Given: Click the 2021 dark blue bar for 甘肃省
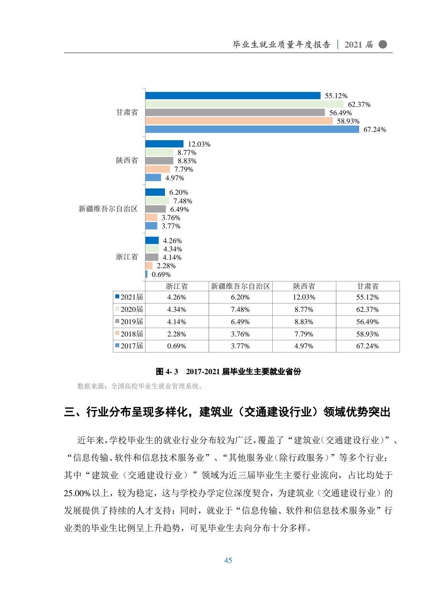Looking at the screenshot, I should click(233, 96).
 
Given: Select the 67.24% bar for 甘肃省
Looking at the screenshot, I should click(252, 130).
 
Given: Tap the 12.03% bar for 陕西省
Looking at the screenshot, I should click(164, 144).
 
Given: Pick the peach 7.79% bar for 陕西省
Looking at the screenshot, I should click(157, 169).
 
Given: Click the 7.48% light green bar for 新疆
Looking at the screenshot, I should click(157, 201).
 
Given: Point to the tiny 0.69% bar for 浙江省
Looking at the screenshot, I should click(146, 274).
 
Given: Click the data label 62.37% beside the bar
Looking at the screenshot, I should click(359, 104).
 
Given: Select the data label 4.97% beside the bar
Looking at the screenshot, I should click(175, 178).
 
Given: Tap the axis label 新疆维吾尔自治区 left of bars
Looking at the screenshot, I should click(108, 209).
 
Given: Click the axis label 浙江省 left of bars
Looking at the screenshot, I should click(127, 257).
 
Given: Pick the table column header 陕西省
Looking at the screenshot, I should click(304, 286).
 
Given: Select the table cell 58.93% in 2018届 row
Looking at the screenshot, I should click(367, 334).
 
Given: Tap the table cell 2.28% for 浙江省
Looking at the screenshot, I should click(176, 334).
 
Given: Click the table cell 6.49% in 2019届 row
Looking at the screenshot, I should click(240, 322).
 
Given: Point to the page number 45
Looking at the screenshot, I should click(228, 561).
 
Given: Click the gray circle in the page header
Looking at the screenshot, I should click(382, 44).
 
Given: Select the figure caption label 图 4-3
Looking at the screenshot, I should click(167, 372).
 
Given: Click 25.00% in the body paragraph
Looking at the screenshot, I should click(77, 493).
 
